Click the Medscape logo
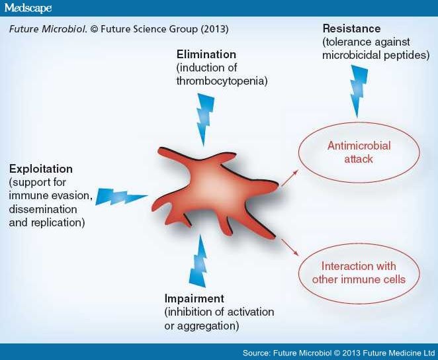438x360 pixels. coord(30,7)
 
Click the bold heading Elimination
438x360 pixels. coord(206,53)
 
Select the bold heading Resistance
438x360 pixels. coord(351,29)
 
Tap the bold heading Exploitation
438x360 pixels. coord(41,169)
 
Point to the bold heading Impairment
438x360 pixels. coord(195,298)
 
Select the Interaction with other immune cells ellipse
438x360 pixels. coord(359,273)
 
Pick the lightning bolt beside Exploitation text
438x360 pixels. coord(122,197)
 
